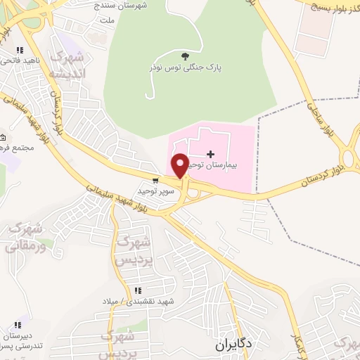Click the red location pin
tap(179, 165)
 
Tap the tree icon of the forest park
tap(185, 56)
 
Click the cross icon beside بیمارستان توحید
tap(210, 153)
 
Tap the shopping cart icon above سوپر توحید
tap(155, 180)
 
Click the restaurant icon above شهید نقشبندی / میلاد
tap(139, 290)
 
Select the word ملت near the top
tap(107, 21)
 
